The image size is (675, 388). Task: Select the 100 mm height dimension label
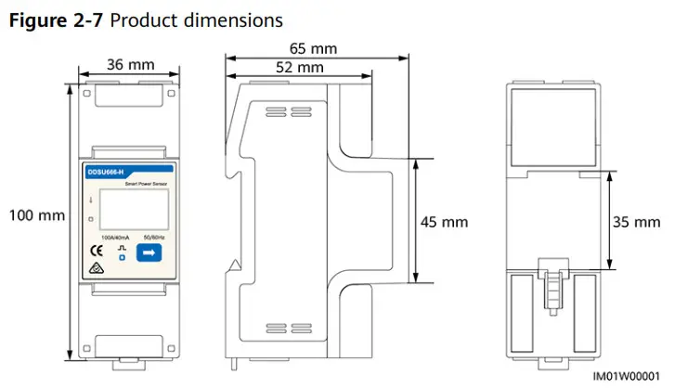(36, 215)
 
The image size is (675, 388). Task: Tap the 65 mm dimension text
(312, 48)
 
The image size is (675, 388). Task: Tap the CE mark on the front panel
(95, 251)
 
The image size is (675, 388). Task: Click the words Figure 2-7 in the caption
(56, 19)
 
